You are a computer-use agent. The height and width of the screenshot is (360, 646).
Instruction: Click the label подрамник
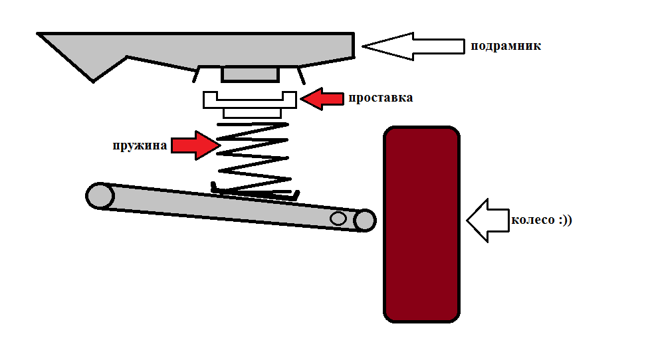click(x=506, y=46)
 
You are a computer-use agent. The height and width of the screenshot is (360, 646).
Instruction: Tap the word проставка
click(x=380, y=98)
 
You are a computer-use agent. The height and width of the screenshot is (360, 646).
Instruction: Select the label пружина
click(x=140, y=145)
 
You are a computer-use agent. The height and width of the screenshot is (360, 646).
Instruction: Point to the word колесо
click(x=532, y=220)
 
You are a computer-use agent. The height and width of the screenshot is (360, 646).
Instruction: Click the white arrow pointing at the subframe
click(x=412, y=46)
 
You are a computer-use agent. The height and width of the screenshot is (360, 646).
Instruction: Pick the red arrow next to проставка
click(x=322, y=98)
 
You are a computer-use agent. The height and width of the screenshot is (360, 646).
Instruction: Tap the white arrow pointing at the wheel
click(x=487, y=220)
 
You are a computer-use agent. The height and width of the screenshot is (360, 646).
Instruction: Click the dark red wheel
click(x=421, y=224)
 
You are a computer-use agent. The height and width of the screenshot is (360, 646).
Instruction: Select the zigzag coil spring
click(x=254, y=158)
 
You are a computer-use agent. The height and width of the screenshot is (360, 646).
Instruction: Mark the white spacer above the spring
click(x=249, y=100)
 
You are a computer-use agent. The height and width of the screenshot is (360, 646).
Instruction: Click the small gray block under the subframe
click(x=249, y=74)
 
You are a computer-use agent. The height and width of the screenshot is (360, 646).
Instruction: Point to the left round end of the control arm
click(x=100, y=196)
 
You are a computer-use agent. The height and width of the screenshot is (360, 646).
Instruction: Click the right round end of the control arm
click(x=365, y=221)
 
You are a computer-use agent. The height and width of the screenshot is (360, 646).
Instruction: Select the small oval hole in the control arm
click(x=338, y=218)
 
